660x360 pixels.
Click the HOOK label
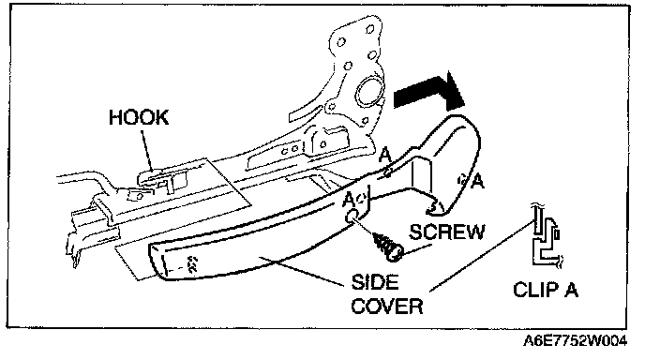pyautogui.click(x=139, y=117)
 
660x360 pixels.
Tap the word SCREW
pyautogui.click(x=447, y=232)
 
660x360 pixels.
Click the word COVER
pyautogui.click(x=387, y=306)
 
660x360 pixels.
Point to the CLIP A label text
pyautogui.click(x=546, y=290)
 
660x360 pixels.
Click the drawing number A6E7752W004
pyautogui.click(x=575, y=340)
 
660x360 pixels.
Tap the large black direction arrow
pyautogui.click(x=429, y=93)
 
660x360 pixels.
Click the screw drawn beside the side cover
pyautogui.click(x=387, y=245)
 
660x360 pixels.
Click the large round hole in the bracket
pyautogui.click(x=369, y=92)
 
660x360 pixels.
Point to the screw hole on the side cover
pyautogui.click(x=351, y=216)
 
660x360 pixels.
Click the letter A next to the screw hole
pyautogui.click(x=349, y=199)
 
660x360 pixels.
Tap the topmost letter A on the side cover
pyautogui.click(x=384, y=156)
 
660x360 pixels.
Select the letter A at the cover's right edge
pyautogui.click(x=478, y=182)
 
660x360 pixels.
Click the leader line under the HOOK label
pyautogui.click(x=147, y=149)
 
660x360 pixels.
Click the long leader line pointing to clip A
pyautogui.click(x=481, y=256)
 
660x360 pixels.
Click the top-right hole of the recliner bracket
pyautogui.click(x=370, y=29)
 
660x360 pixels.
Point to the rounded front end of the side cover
pyautogui.click(x=157, y=261)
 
